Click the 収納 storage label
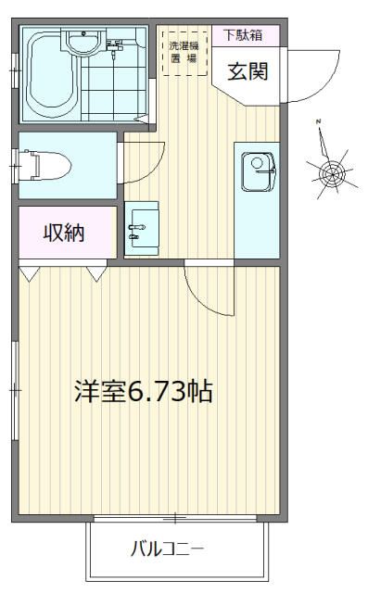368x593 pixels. coord(64,233)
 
